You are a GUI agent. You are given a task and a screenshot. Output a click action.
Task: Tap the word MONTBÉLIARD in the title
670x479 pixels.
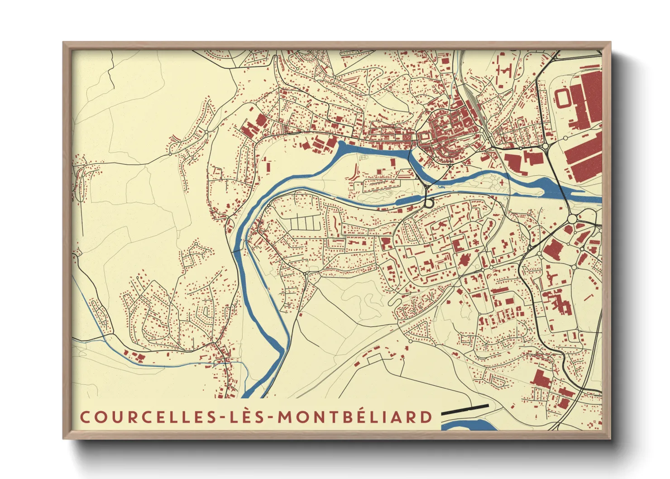tap(355, 417)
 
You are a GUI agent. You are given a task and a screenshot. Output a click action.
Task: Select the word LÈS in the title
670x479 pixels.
tap(248, 417)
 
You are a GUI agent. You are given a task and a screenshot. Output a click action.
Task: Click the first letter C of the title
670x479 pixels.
tap(85, 417)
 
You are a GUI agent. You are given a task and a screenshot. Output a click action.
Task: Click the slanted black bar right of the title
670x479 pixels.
tap(465, 410)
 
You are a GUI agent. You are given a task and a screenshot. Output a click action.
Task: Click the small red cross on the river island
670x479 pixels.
tap(502, 182)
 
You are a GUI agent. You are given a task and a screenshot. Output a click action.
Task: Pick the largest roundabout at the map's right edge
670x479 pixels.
tap(572, 220)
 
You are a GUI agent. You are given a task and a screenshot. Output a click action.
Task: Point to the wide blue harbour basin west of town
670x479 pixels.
tap(371, 150)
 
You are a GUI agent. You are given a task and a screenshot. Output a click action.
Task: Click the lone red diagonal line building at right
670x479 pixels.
tap(588, 298)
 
